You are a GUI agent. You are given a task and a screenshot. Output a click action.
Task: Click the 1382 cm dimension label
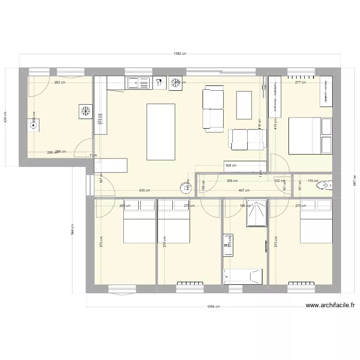pos(180,54)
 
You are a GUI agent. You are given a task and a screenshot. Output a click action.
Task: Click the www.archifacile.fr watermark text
pos(330,304)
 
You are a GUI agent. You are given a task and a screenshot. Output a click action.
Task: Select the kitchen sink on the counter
pos(138,84)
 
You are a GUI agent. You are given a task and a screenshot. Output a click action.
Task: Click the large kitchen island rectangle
pos(161,132)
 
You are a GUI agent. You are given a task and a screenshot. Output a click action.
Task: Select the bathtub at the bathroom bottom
pos(243,276)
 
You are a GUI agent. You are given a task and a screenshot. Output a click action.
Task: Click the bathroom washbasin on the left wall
pos(228,244)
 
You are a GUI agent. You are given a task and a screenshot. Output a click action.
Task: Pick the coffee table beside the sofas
pos(244,105)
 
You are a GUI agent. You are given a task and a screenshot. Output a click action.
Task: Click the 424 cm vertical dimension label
pos(6,118)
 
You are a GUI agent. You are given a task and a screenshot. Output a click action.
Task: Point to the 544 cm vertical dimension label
pos(72,230)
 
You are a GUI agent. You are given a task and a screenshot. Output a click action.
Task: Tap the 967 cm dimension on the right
pos(354,180)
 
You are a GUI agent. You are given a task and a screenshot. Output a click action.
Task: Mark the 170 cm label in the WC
pos(313,181)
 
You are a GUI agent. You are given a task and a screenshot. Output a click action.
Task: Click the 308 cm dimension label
pos(231,166)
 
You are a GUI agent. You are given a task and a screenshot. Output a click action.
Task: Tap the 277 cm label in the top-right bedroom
pos(300,83)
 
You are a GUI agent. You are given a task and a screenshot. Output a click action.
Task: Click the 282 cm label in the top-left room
pos(60,83)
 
